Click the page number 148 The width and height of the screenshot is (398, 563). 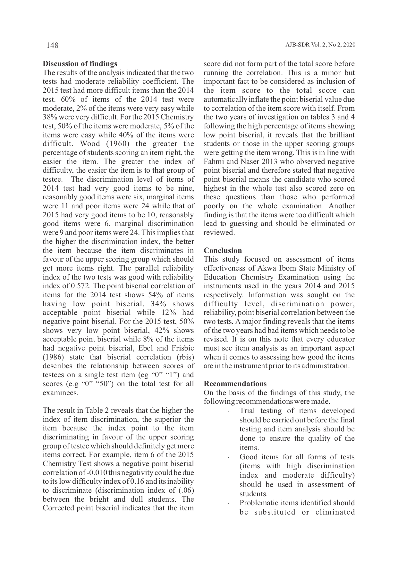[x=52, y=45]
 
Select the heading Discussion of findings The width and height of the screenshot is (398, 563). [x=80, y=64]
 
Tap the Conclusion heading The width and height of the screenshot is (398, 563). [x=223, y=250]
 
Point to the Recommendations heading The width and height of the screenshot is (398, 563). [x=235, y=384]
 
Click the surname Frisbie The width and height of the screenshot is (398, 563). [x=182, y=348]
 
